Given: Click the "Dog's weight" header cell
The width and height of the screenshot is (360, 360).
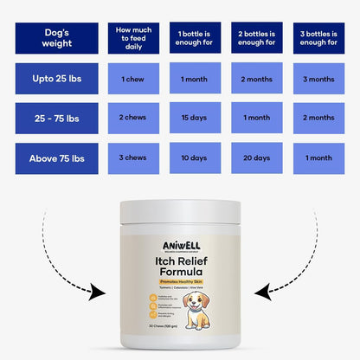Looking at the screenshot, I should (x=56, y=37).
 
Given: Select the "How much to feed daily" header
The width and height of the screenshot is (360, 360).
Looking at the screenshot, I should (x=134, y=37).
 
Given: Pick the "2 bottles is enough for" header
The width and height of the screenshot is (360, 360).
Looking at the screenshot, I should (x=256, y=37).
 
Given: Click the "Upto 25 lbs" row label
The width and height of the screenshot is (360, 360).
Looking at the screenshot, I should (x=56, y=79).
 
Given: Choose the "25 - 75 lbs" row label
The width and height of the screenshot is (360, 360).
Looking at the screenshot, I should (x=56, y=118).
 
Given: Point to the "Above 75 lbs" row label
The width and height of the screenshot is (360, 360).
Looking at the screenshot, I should (x=56, y=157).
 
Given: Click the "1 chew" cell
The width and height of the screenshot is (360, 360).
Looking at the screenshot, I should (x=134, y=79).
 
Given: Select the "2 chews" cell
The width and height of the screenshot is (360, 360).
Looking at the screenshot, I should (x=134, y=118).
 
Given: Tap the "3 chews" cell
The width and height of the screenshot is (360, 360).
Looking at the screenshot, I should (x=134, y=157).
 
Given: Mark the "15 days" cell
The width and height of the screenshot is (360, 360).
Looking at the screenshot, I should (x=195, y=118).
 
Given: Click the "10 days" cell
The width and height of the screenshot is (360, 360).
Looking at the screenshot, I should (x=195, y=157).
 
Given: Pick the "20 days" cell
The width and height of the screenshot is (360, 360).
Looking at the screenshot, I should (x=256, y=157).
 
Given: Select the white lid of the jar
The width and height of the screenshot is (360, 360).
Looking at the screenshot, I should (x=180, y=212).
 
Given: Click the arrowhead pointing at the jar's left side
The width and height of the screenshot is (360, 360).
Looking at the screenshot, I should (x=102, y=292).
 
